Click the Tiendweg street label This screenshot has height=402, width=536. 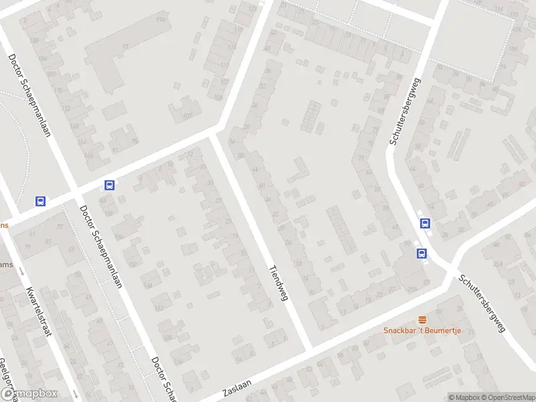278,282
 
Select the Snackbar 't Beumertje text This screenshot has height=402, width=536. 423,330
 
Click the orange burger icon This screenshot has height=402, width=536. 422,320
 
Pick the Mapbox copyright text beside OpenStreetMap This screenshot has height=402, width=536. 465,397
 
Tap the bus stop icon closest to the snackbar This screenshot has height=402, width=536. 422,253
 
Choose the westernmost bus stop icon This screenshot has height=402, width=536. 41,201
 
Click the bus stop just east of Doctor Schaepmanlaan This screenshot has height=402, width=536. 110,186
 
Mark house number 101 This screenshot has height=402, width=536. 188,116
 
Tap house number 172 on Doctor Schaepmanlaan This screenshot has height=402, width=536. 65,108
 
